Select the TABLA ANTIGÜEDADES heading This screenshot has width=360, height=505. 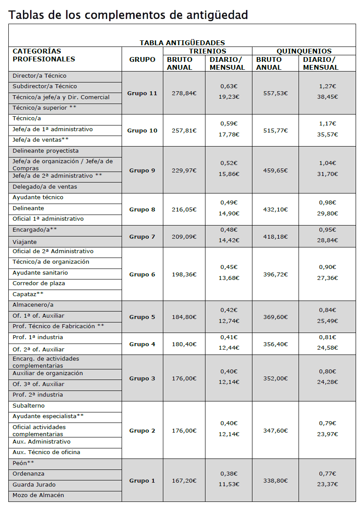click(x=182, y=43)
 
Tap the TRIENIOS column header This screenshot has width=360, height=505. click(x=207, y=51)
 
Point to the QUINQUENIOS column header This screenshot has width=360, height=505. click(x=304, y=51)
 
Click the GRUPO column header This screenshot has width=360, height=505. click(x=142, y=59)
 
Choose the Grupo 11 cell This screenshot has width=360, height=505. click(x=142, y=93)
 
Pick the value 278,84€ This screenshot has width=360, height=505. click(x=184, y=93)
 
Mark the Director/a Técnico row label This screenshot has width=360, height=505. click(x=40, y=76)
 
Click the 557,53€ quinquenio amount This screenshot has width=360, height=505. click(x=275, y=93)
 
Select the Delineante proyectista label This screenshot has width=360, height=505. click(x=46, y=151)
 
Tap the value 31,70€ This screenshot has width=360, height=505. click(x=327, y=174)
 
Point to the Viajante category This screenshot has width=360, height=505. click(x=25, y=242)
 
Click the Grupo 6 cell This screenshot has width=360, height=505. click(x=142, y=275)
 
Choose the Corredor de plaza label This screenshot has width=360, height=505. click(x=39, y=283)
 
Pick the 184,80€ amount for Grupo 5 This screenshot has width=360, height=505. click(x=184, y=317)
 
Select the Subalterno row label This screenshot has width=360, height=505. click(x=29, y=406)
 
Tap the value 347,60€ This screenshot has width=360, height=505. click(x=275, y=431)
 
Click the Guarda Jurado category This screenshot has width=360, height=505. click(x=34, y=485)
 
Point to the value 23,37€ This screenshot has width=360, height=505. click(x=327, y=485)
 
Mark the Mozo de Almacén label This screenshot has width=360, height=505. click(x=38, y=495)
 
